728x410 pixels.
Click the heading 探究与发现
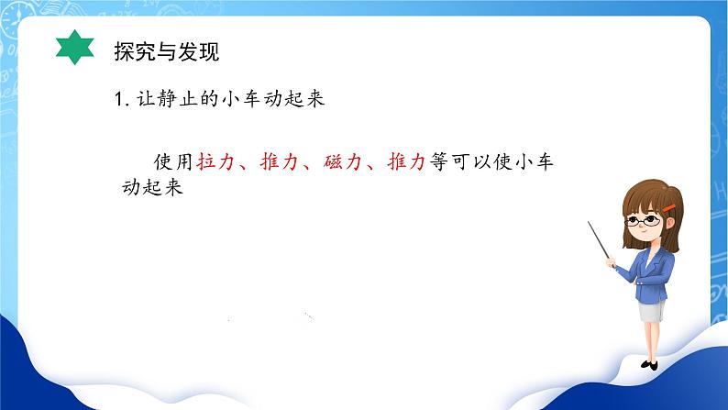pos(166,50)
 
